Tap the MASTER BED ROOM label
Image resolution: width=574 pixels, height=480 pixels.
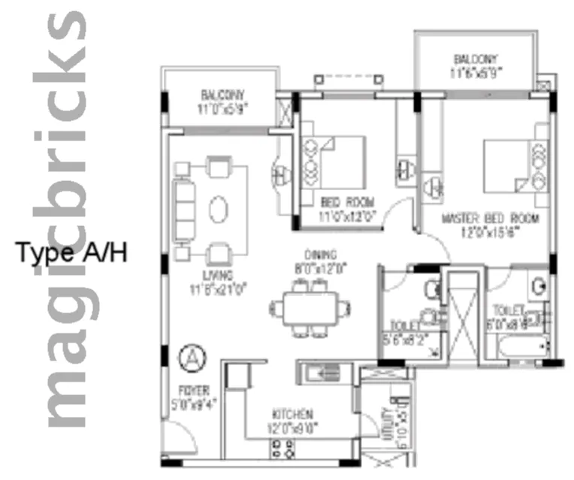coord(491,225)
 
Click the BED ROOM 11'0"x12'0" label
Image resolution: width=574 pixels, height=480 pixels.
coord(346,208)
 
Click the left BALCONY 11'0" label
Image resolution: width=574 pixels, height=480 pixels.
coord(223,101)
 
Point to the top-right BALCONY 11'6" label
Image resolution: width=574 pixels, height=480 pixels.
coord(476,65)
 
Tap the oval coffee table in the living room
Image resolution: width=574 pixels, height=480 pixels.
coord(218,208)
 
